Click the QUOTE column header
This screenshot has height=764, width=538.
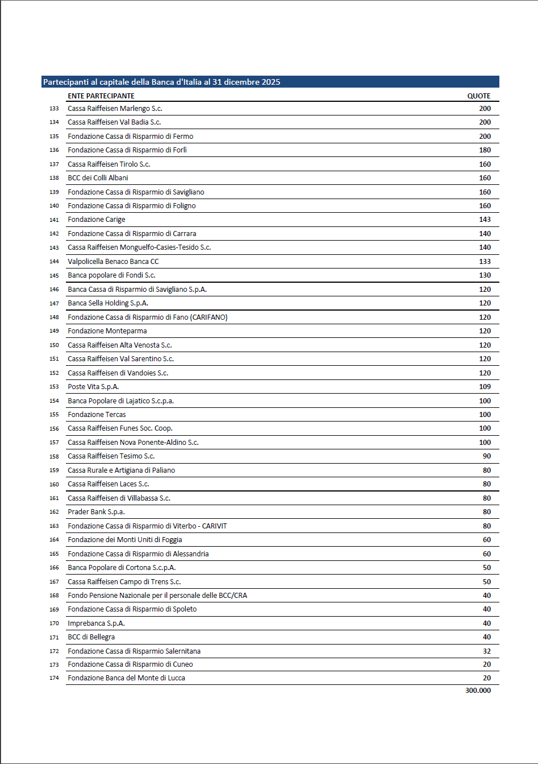coord(478,96)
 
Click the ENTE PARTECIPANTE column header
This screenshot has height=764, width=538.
coord(101,96)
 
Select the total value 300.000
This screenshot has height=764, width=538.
coord(478,691)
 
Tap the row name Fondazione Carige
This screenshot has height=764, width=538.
coord(97,220)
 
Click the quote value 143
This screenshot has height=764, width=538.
coord(485,220)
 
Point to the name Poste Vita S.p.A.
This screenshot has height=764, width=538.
coord(93,387)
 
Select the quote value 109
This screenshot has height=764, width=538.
coord(485,387)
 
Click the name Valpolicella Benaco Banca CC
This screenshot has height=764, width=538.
coord(113,262)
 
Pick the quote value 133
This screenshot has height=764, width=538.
coord(485,262)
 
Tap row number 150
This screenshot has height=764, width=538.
coord(54,345)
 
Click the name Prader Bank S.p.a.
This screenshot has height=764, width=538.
coord(96,512)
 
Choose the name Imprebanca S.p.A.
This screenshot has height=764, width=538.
coord(96,623)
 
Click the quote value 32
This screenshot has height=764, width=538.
coord(486,651)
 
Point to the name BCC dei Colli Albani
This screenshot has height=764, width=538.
coord(98,178)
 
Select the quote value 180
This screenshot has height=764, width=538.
coord(485,150)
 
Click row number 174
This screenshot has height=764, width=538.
coord(54,678)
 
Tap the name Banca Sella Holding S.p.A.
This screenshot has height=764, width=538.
coord(108,303)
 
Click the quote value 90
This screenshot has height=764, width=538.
coord(486,456)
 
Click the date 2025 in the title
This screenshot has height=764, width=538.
coord(270,82)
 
